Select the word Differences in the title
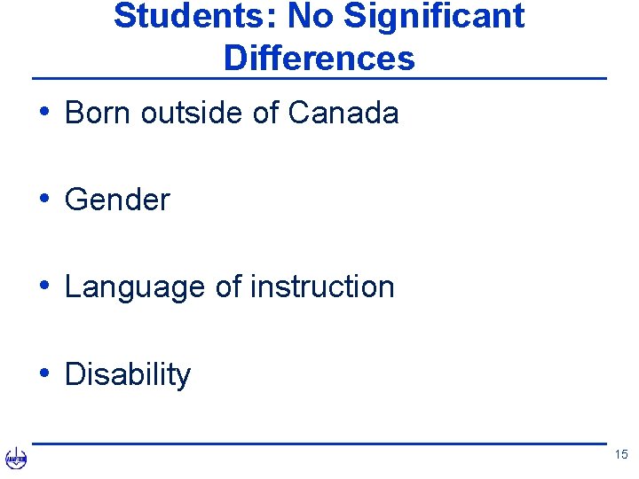tap(319, 58)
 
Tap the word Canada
tap(343, 113)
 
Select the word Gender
tap(117, 200)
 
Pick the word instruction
tap(322, 287)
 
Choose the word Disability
tap(128, 374)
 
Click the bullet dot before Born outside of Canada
tap(44, 112)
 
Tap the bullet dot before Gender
tap(44, 199)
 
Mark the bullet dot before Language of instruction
tap(44, 286)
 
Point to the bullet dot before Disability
tap(44, 373)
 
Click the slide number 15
tap(619, 455)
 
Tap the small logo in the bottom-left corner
tap(16, 459)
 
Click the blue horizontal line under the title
tap(319, 79)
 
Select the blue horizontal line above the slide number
tap(319, 444)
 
